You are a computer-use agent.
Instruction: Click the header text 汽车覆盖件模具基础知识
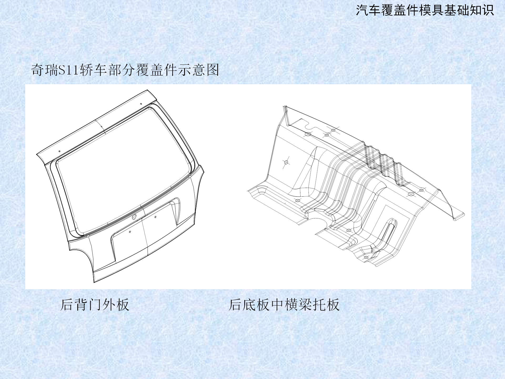point(425,11)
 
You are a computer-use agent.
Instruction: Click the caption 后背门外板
point(95,305)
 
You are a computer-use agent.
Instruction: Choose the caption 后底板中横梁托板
point(284,305)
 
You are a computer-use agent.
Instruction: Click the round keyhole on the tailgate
point(134,217)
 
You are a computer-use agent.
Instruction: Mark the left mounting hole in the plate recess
point(130,232)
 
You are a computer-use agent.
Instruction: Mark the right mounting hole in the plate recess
point(155,217)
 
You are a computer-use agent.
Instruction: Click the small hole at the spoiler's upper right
point(141,104)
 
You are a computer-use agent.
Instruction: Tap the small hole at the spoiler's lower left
point(59,151)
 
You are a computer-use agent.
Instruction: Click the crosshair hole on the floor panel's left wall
point(286,162)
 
